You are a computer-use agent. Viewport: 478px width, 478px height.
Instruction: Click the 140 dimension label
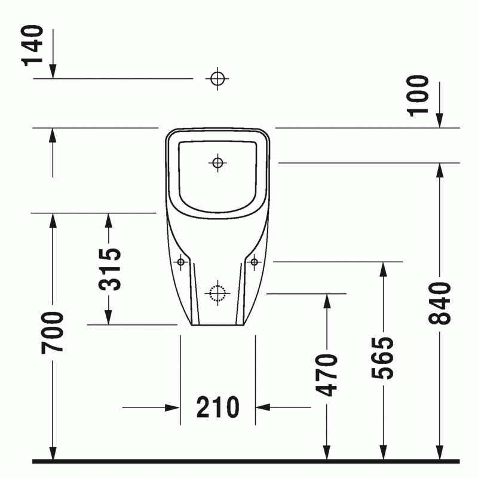[x=32, y=46]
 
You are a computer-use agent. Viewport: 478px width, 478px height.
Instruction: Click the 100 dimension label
[x=418, y=96]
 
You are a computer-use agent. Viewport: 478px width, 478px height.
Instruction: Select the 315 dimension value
[x=110, y=269]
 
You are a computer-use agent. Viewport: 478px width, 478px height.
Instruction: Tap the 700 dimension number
[x=53, y=333]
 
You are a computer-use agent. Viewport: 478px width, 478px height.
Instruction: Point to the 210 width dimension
[x=217, y=407]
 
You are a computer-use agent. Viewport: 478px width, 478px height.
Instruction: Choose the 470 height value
[x=327, y=375]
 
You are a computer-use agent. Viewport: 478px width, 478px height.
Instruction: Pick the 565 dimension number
[x=383, y=358]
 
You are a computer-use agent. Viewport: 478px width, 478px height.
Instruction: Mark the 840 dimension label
[x=440, y=304]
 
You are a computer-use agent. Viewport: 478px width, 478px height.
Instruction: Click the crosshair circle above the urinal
[x=217, y=79]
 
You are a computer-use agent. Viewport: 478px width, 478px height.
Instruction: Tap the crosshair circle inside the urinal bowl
[x=217, y=163]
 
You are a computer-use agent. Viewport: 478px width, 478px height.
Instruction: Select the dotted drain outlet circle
[x=217, y=293]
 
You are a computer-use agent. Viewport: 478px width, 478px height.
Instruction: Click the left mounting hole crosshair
[x=181, y=262]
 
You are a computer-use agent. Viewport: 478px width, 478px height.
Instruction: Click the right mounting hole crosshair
[x=255, y=262]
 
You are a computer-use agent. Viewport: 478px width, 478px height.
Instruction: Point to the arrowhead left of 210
[x=172, y=407]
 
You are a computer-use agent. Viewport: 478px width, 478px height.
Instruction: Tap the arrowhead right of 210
[x=263, y=407]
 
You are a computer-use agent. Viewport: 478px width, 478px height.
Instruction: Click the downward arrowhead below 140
[x=53, y=71]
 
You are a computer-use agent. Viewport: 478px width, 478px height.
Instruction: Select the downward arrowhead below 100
[x=439, y=121]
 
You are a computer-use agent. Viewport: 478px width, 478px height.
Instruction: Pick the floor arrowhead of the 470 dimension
[x=327, y=452]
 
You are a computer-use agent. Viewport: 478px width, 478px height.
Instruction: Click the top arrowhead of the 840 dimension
[x=440, y=170]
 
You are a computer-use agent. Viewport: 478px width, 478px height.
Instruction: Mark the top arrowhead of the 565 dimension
[x=383, y=269]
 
